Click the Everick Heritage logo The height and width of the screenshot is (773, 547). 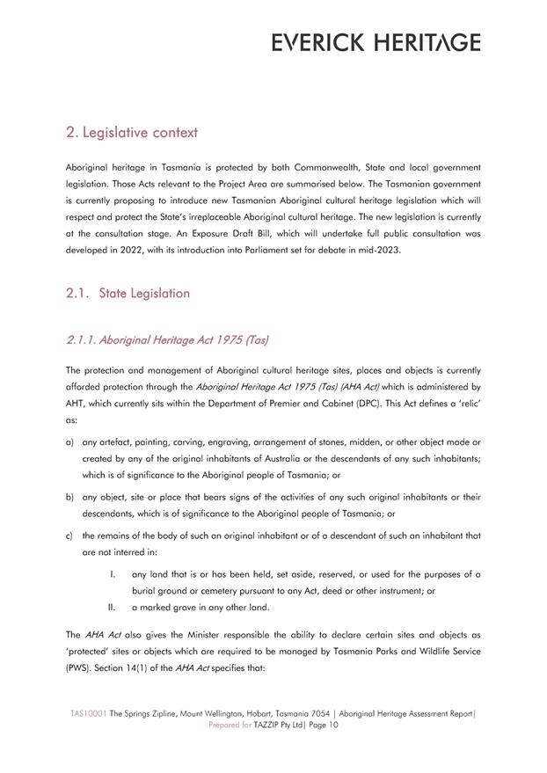376,42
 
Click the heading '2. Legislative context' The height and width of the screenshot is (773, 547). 132,133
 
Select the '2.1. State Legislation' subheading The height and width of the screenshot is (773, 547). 128,293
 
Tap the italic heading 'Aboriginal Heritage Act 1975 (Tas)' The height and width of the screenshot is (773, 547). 167,339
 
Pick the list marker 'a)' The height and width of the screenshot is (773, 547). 69,442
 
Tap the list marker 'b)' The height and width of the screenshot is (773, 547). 69,497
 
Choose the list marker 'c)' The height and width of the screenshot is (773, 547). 69,536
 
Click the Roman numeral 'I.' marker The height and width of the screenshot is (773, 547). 113,574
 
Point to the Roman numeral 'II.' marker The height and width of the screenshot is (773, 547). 112,608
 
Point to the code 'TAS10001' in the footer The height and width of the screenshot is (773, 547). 89,714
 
